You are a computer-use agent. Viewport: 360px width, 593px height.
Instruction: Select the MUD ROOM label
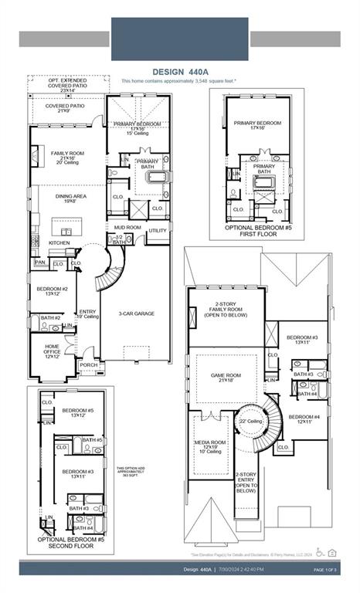[x=128, y=228]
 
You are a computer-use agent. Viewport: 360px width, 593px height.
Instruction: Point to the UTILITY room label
[x=157, y=230]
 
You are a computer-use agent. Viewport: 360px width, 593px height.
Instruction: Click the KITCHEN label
[x=59, y=243]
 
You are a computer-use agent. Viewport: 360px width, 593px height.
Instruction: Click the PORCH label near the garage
[x=89, y=365]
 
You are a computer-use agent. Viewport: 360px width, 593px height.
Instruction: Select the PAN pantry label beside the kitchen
[x=39, y=263]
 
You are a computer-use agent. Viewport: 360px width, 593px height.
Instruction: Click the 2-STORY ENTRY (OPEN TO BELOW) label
[x=245, y=483]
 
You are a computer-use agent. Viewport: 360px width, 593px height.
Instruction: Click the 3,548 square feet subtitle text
[x=179, y=80]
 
